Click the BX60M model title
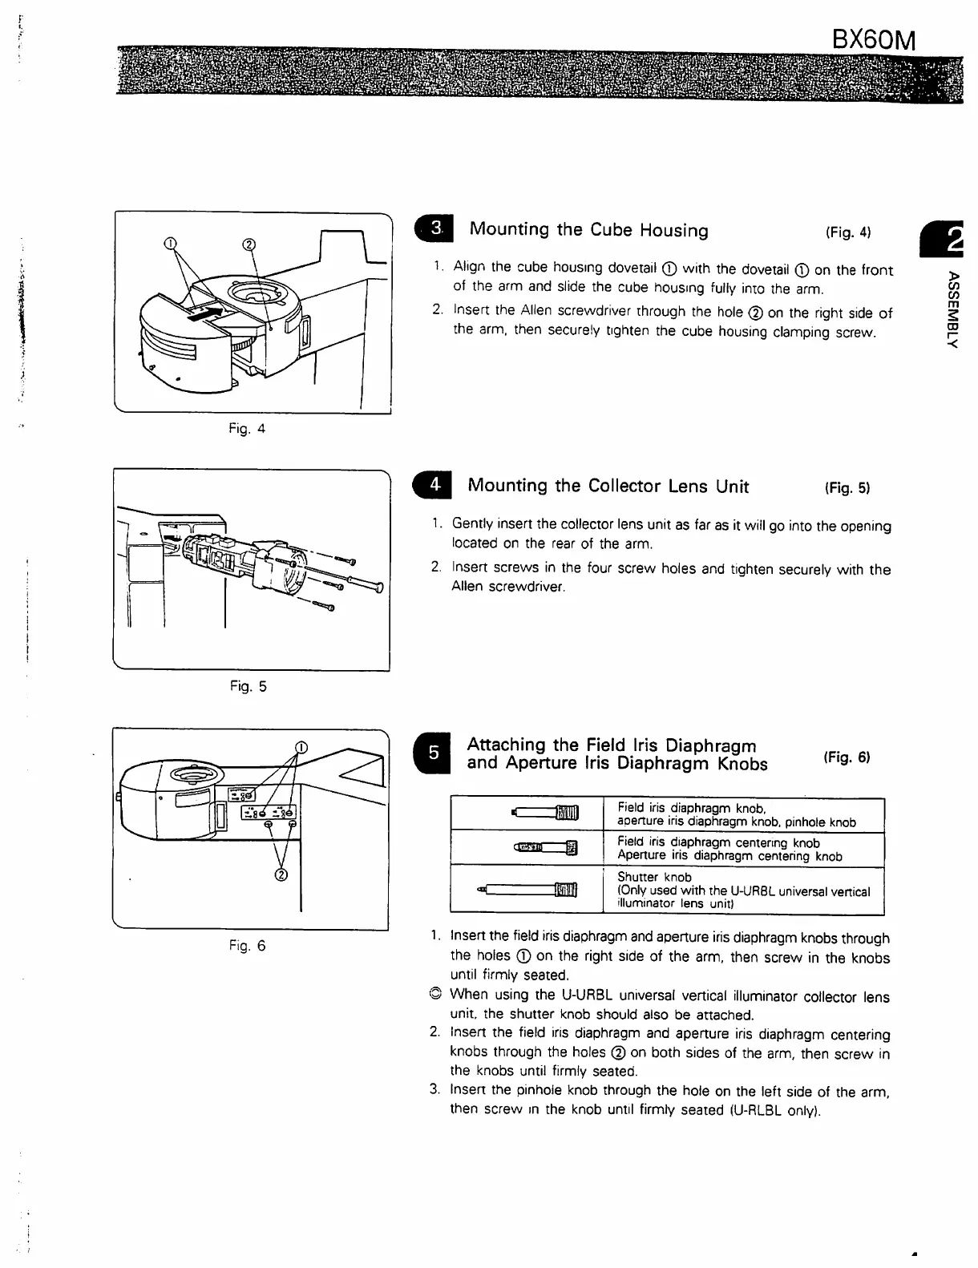click(873, 39)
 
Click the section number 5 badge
click(433, 753)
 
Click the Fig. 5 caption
click(248, 686)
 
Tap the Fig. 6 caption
click(247, 946)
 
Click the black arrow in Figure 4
click(204, 310)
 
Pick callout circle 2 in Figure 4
click(249, 243)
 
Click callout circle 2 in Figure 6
click(281, 874)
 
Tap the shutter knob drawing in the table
click(528, 890)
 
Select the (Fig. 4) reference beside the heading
click(847, 232)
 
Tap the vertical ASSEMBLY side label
click(952, 309)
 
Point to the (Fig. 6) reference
click(847, 757)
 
